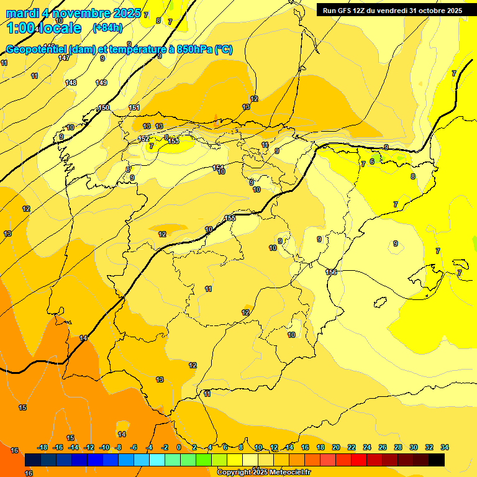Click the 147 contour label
64,58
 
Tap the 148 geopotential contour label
71,83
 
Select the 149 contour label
101,83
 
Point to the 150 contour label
104,107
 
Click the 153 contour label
174,141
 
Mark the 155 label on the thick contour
230,218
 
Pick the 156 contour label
331,272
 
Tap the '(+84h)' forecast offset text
107,27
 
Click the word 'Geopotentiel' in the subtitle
37,50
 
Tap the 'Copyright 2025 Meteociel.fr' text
264,472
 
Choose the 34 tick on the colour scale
444,447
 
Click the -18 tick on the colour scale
43,447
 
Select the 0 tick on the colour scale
179,447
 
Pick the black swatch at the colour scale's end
437,460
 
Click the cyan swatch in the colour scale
157,460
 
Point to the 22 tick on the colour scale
352,447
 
